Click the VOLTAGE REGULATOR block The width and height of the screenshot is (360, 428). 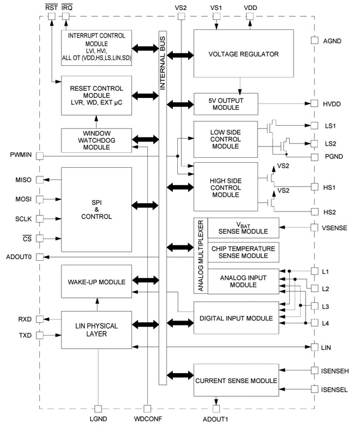point(243,54)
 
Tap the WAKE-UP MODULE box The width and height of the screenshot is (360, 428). point(96,282)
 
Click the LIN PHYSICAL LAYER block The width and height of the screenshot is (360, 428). point(96,329)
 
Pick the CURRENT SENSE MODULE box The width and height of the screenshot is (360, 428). point(236,380)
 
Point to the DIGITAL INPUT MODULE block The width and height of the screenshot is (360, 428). point(236,318)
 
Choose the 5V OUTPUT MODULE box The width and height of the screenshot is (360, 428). point(226,104)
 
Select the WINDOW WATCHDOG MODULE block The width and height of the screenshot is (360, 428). point(96,140)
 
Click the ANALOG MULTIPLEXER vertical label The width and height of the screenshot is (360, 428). point(200,257)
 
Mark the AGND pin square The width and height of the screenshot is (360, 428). point(314,40)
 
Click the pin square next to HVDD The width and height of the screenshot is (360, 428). point(314,104)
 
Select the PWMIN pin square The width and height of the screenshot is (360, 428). point(39,156)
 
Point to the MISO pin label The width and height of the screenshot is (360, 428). point(24,180)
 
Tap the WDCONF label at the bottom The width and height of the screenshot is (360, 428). point(147,419)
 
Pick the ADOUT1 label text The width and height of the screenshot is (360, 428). point(216,419)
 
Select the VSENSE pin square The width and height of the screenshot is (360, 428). point(314,226)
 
